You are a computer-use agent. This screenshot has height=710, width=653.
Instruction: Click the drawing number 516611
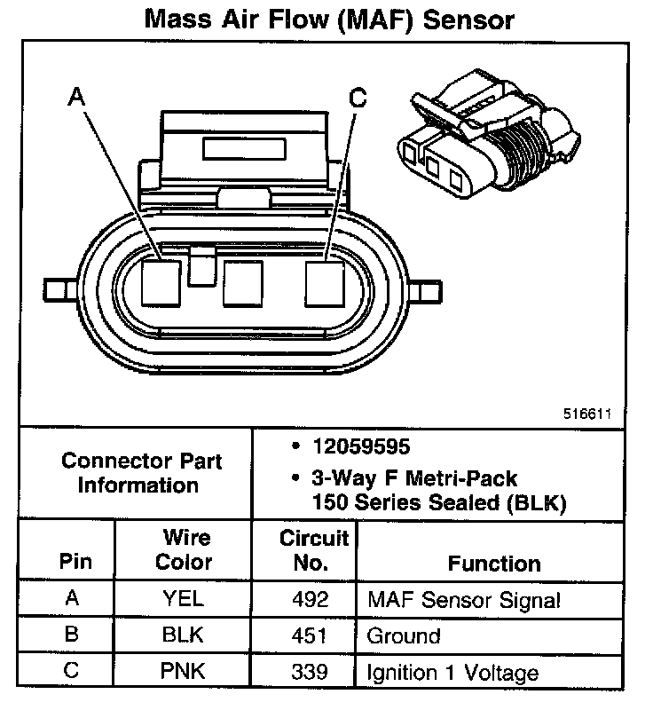[586, 414]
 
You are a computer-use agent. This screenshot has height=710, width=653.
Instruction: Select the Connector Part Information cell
[141, 473]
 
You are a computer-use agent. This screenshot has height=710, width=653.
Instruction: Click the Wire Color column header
[184, 550]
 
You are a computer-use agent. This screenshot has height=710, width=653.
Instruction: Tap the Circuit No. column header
[315, 550]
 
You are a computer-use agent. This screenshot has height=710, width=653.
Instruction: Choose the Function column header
[494, 564]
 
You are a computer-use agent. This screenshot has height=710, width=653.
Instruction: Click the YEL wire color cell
[184, 599]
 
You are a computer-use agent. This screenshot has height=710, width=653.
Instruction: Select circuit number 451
[311, 635]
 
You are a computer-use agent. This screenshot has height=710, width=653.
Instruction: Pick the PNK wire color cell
[184, 672]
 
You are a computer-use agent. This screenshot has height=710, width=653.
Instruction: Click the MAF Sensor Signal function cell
[464, 600]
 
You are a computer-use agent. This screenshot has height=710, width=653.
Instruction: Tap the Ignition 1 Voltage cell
[452, 673]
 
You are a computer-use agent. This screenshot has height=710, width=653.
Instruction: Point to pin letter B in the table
[73, 635]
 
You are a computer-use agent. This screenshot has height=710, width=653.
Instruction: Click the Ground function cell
[404, 636]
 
